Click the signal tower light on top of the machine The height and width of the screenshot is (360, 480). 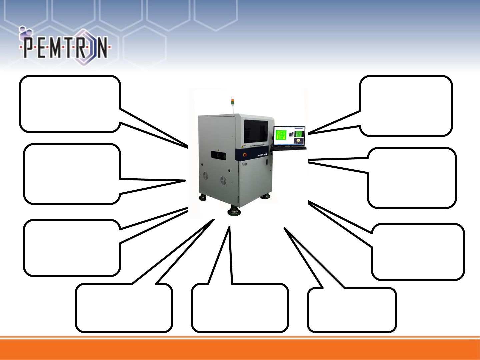point(233,101)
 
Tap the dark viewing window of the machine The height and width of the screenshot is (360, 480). point(256,131)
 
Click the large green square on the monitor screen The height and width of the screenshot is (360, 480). point(281,135)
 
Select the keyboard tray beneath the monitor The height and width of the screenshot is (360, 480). point(289,148)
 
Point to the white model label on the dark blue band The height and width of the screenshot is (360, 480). point(263,155)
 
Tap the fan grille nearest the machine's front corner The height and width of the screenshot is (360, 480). point(223,180)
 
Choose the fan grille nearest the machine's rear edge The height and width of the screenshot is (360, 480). point(206,175)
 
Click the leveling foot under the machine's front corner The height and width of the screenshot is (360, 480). point(234,211)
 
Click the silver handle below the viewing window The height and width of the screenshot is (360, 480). point(257,145)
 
